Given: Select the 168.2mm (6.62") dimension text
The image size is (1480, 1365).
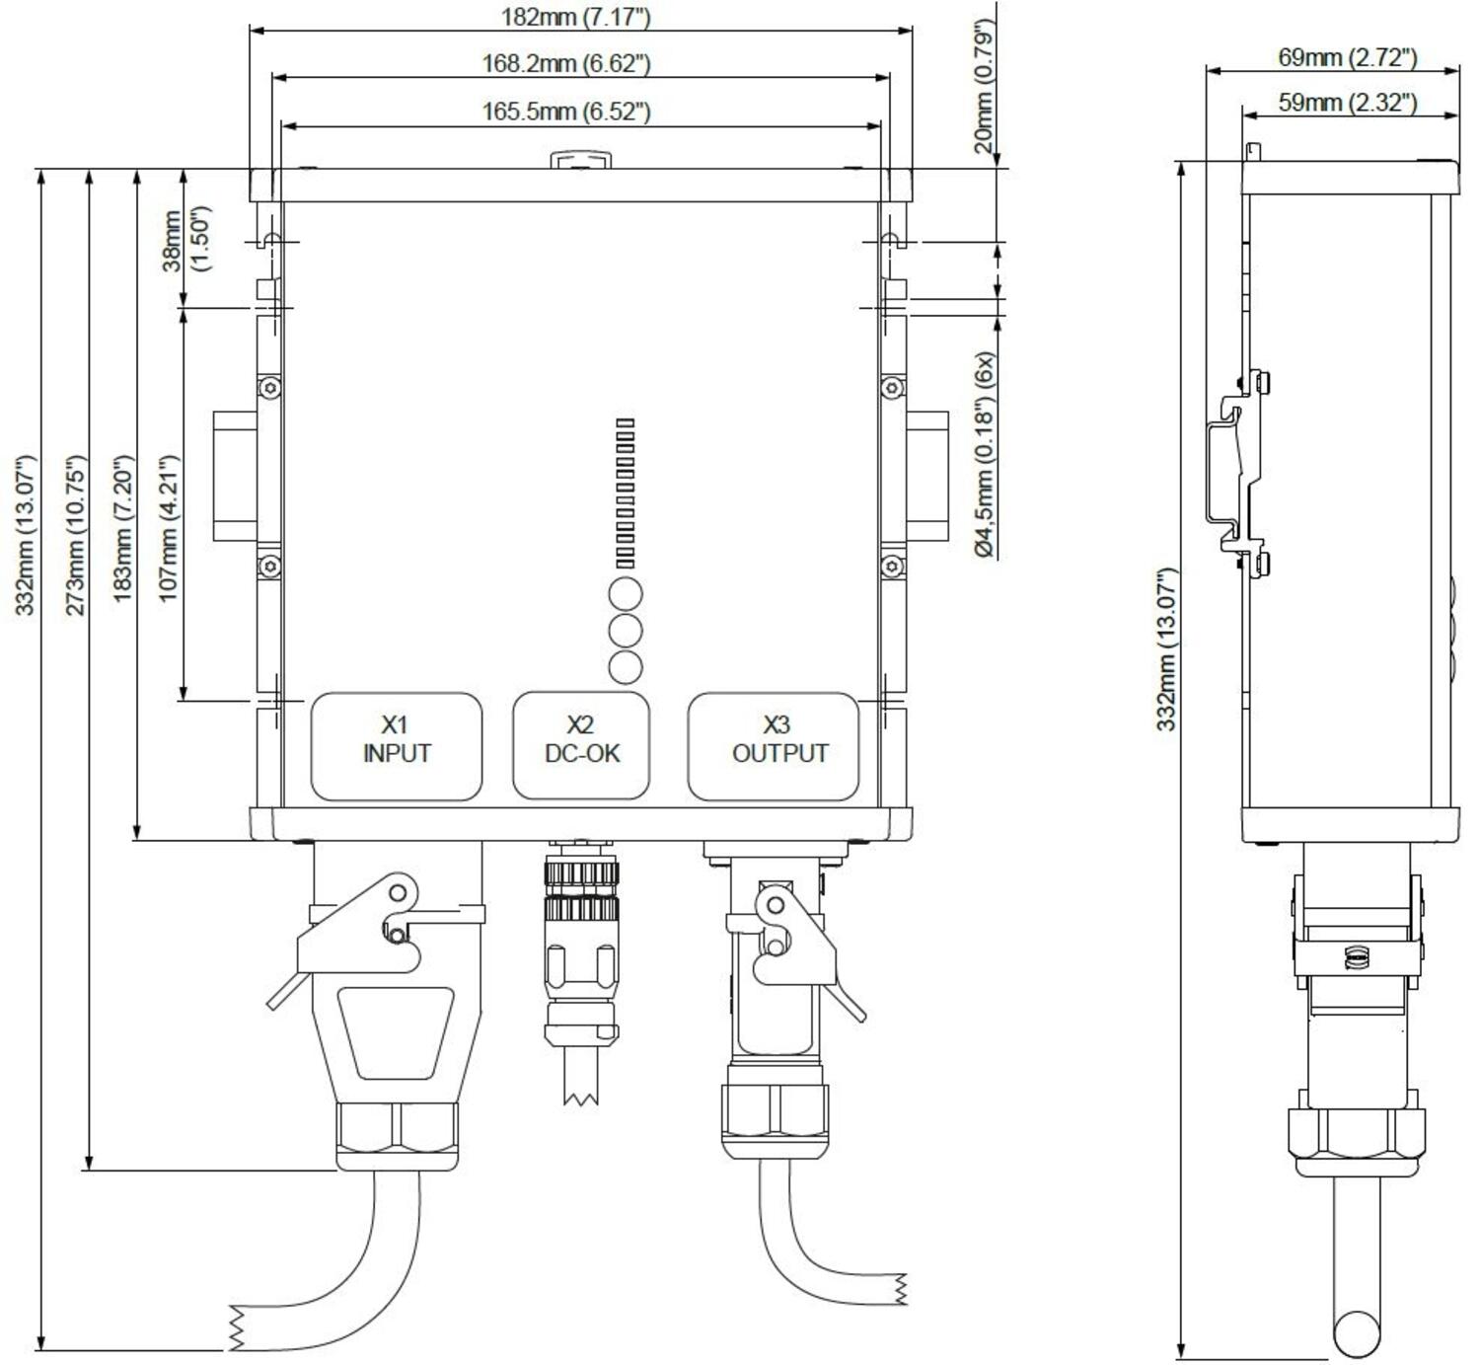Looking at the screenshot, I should pos(565,63).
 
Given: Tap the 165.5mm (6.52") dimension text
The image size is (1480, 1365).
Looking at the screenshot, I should pos(565,111).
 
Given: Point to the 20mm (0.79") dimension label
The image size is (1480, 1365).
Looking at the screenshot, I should pos(984,86).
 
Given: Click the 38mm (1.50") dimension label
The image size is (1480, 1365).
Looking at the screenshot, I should pos(185,240).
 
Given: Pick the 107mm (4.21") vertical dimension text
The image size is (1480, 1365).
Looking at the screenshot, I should pos(168,527).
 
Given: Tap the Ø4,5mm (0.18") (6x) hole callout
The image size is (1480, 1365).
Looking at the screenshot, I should pos(985,455).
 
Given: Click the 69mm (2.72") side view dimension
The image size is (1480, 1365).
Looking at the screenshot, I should pos(1347,57).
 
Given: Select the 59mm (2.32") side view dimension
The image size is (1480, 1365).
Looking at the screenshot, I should pos(1347,102).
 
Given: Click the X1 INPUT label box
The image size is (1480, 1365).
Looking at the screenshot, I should pos(397,746).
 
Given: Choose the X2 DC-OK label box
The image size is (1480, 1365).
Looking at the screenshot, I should pos(581,746).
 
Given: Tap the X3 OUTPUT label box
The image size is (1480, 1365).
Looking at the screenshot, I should pos(773,746).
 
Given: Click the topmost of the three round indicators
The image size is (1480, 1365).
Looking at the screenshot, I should pos(626,594).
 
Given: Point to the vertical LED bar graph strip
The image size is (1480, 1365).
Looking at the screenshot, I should pos(626,493).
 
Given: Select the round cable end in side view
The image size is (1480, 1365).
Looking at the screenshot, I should pos(1356,1333).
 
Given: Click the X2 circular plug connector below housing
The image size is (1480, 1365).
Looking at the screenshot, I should pos(581,938).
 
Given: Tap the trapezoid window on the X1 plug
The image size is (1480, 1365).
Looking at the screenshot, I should pos(397,1032).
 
